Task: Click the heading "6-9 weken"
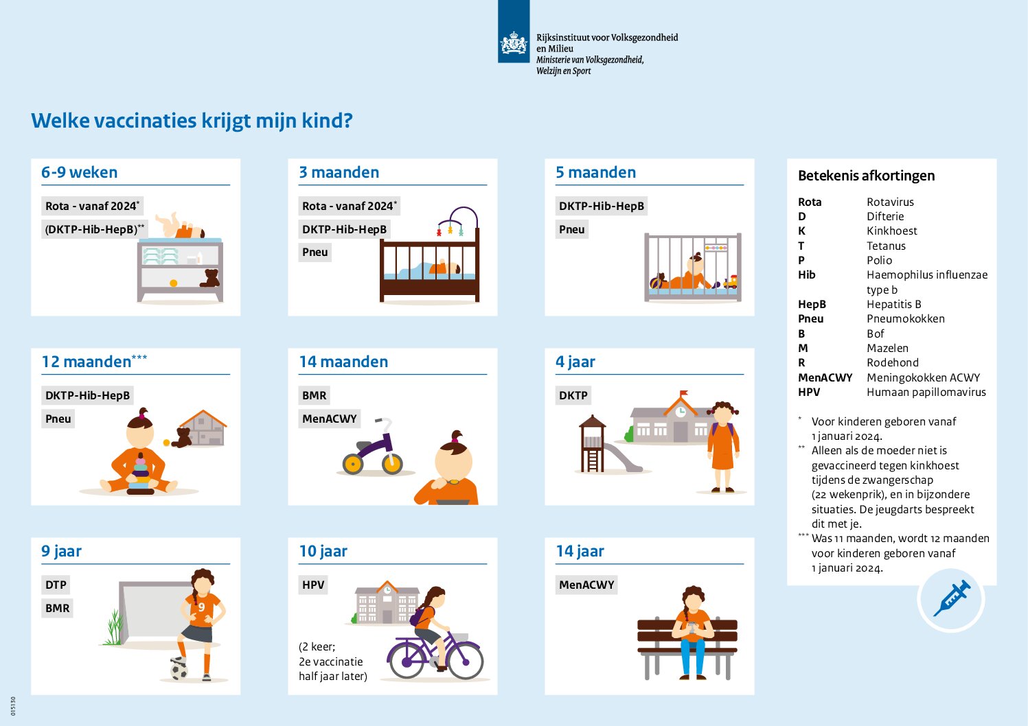pos(79,173)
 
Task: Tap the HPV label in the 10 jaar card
pos(313,585)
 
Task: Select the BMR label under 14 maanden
pos(315,395)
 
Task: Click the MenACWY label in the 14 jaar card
pos(586,585)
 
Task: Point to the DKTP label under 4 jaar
pos(573,395)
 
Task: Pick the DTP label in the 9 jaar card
pos(56,585)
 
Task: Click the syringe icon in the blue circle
pos(951,598)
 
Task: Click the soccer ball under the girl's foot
pos(179,669)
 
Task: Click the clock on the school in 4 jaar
pos(681,412)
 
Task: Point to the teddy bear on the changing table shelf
pos(209,278)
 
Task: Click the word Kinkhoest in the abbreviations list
pos(891,231)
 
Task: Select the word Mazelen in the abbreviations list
pos(887,349)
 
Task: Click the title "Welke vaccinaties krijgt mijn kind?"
pos(192,121)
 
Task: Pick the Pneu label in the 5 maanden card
pos(571,229)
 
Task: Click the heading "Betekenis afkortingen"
pos(866,176)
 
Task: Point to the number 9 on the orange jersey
pos(201,607)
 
